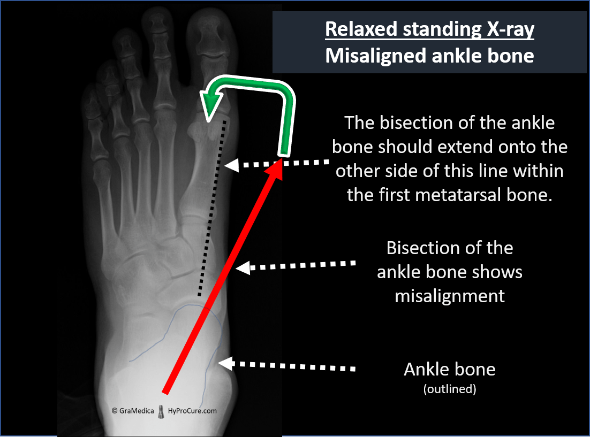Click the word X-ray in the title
511,29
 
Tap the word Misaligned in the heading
376,56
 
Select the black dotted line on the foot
212,208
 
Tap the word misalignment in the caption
450,297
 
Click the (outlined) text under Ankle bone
450,389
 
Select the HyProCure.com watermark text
192,411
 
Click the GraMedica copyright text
133,411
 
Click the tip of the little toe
89,87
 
